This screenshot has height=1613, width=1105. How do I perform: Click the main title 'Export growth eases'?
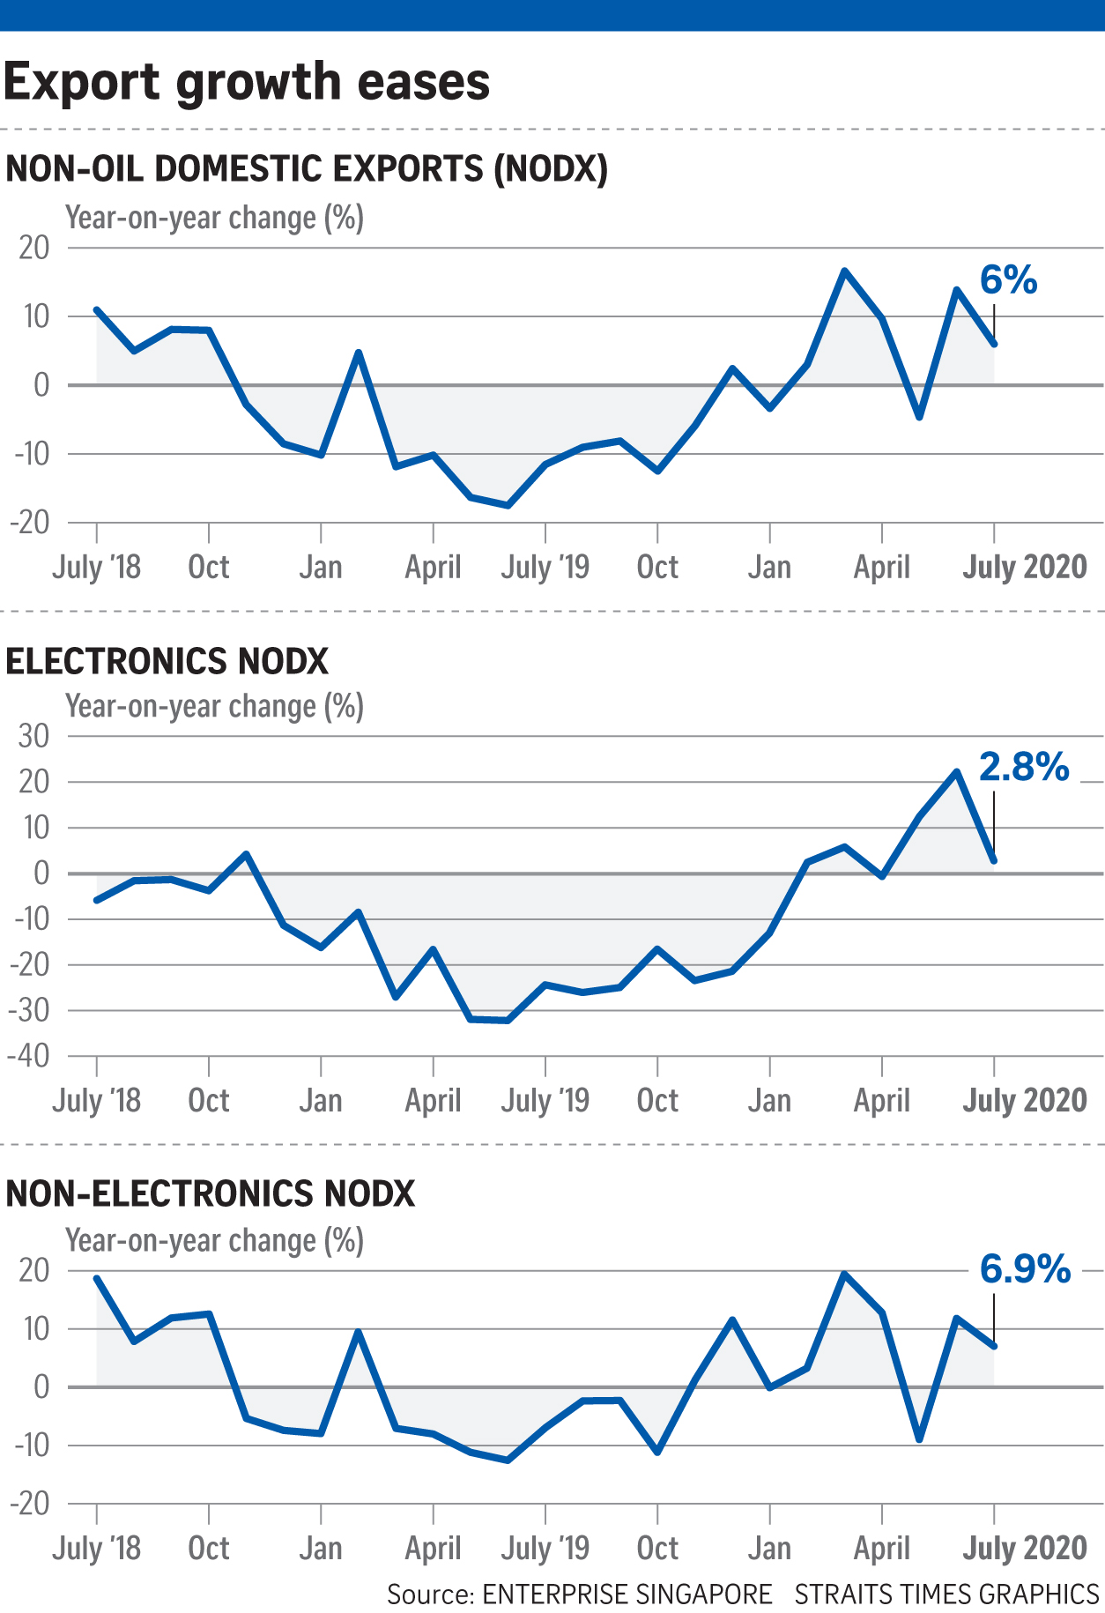pos(247,82)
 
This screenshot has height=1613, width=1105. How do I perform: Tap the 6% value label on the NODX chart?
pos(1008,280)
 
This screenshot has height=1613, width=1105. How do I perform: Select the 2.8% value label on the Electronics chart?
pos(1023,767)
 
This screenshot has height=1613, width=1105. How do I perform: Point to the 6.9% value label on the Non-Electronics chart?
pos(1025,1268)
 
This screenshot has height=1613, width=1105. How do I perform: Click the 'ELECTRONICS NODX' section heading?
pos(167,661)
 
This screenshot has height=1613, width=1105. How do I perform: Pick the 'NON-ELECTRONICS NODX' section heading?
pos(210,1193)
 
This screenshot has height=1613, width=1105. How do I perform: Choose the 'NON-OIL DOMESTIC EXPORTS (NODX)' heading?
pos(307,168)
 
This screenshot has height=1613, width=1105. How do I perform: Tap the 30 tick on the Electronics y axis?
pos(33,736)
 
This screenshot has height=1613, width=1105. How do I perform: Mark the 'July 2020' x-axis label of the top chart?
pos(1024,567)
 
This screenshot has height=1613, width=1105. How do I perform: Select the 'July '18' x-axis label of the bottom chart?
pos(96,1548)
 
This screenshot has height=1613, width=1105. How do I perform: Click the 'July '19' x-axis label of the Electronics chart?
pos(545,1100)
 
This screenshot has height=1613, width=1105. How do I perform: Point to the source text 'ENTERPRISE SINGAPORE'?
pos(627,1594)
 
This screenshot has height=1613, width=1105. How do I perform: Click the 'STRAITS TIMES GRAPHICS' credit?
pos(946,1594)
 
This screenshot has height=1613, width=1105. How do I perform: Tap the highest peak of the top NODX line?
pos(844,271)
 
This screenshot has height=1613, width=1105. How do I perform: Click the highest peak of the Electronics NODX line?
pos(957,772)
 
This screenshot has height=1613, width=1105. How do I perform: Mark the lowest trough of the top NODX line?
pos(508,505)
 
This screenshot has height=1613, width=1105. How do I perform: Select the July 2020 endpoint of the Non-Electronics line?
pos(994,1346)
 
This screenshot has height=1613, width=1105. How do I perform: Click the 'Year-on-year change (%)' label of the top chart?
pos(214,218)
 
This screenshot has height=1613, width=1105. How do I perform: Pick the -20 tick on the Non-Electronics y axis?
pos(30,1503)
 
